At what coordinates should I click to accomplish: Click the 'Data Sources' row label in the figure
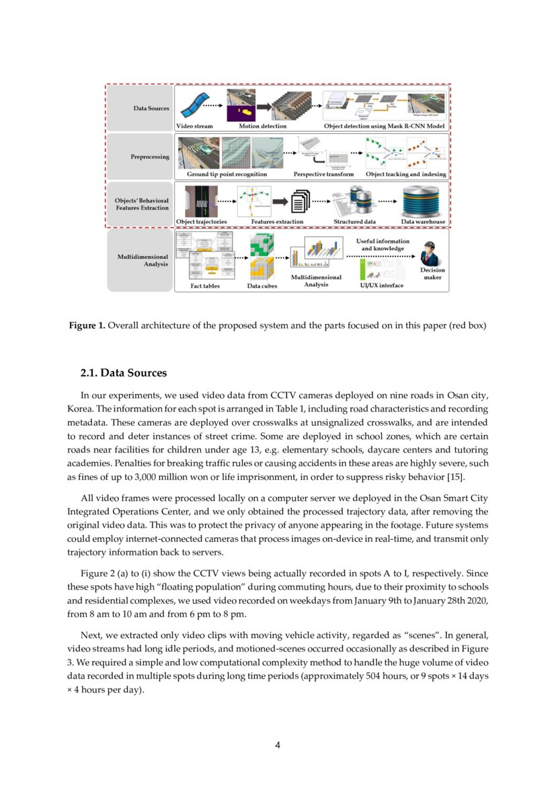151,108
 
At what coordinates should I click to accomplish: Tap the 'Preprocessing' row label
149,157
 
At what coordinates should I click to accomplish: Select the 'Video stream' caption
194,126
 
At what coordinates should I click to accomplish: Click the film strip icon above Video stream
195,105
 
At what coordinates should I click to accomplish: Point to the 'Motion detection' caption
262,126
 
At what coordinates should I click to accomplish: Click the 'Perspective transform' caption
323,174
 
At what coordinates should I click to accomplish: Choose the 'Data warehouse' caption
423,221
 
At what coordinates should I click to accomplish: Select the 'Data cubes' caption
263,286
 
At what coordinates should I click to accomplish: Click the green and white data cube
262,244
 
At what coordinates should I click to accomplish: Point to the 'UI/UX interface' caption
382,285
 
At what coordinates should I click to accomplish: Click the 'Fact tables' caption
205,286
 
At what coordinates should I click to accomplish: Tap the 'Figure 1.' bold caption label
87,325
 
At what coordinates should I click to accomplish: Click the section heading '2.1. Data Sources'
124,373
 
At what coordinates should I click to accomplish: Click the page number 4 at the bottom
278,744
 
